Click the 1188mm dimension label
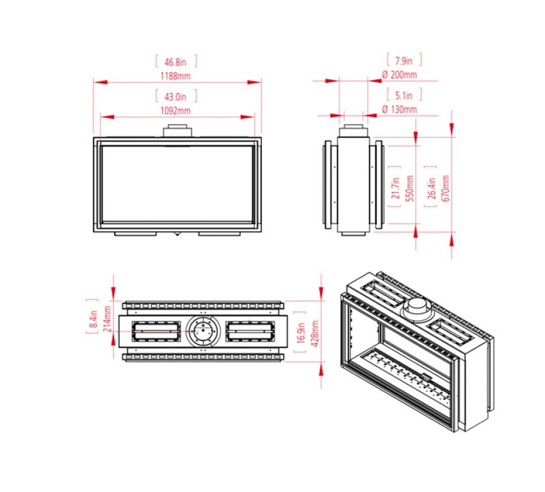click(x=177, y=76)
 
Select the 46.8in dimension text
click(x=175, y=62)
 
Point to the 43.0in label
click(x=175, y=97)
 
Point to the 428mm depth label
click(x=314, y=332)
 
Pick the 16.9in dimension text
click(x=302, y=332)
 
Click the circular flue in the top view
click(x=202, y=331)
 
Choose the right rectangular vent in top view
click(x=250, y=331)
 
